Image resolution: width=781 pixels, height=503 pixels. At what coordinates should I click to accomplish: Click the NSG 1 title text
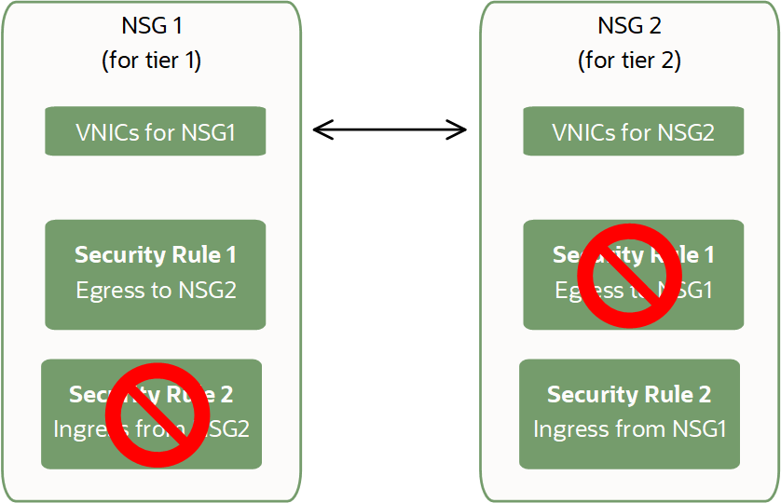pos(151,25)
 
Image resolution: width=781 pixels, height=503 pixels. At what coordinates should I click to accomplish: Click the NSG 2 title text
pos(629,25)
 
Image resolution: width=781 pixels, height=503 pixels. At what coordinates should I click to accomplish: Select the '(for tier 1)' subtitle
pos(151,61)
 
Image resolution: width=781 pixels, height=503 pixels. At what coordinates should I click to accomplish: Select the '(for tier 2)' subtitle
pos(629,61)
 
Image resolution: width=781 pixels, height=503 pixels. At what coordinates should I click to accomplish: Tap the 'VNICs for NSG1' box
pos(156,131)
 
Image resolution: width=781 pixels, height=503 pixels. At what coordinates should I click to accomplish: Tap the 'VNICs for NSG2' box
pos(633,131)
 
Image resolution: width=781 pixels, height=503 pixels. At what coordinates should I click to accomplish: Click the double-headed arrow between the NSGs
pos(390,129)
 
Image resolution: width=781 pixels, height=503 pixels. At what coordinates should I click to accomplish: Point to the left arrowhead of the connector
pos(321,129)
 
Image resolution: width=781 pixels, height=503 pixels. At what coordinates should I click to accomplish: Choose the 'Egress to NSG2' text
pos(156,291)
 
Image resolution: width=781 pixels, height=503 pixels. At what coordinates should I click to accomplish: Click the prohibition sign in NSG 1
pos(157,415)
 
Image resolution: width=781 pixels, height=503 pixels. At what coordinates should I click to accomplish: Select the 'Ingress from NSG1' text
pos(629,429)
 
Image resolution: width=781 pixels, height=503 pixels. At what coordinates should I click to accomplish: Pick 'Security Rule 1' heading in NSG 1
pos(156,254)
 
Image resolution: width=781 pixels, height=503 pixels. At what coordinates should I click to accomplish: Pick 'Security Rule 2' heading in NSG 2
pos(629,394)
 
